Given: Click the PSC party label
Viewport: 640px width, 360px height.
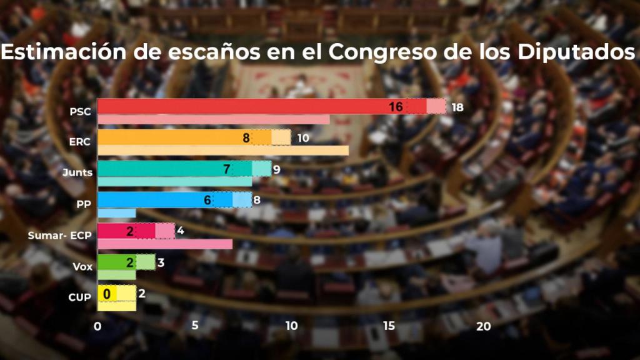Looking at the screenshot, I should pyautogui.click(x=81, y=112).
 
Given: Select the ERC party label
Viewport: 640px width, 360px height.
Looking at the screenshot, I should pyautogui.click(x=79, y=142).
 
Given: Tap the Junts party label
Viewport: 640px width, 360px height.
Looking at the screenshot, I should pyautogui.click(x=78, y=172).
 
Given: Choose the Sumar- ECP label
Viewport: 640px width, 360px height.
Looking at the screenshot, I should pyautogui.click(x=60, y=236).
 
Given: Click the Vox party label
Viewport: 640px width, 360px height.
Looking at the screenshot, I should pyautogui.click(x=82, y=267).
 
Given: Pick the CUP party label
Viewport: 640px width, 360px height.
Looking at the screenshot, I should pyautogui.click(x=79, y=297).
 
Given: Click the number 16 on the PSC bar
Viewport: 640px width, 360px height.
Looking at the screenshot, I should pyautogui.click(x=395, y=107).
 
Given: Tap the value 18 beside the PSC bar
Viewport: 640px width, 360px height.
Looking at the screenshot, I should pyautogui.click(x=457, y=107).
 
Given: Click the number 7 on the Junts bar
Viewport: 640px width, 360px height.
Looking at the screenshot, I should pyautogui.click(x=227, y=169).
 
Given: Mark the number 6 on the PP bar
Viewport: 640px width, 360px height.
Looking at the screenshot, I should pyautogui.click(x=207, y=200).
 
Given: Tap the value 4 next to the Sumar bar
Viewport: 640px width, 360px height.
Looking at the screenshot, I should pyautogui.click(x=180, y=231).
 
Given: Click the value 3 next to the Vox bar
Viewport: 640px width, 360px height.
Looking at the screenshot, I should pyautogui.click(x=161, y=262).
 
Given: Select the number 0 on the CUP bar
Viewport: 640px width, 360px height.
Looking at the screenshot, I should pyautogui.click(x=107, y=293).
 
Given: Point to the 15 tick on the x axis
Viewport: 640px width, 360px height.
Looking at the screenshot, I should pyautogui.click(x=389, y=326).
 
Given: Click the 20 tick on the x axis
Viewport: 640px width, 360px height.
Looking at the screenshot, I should pyautogui.click(x=484, y=326).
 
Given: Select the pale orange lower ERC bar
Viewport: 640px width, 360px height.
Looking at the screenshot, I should pyautogui.click(x=223, y=151).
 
